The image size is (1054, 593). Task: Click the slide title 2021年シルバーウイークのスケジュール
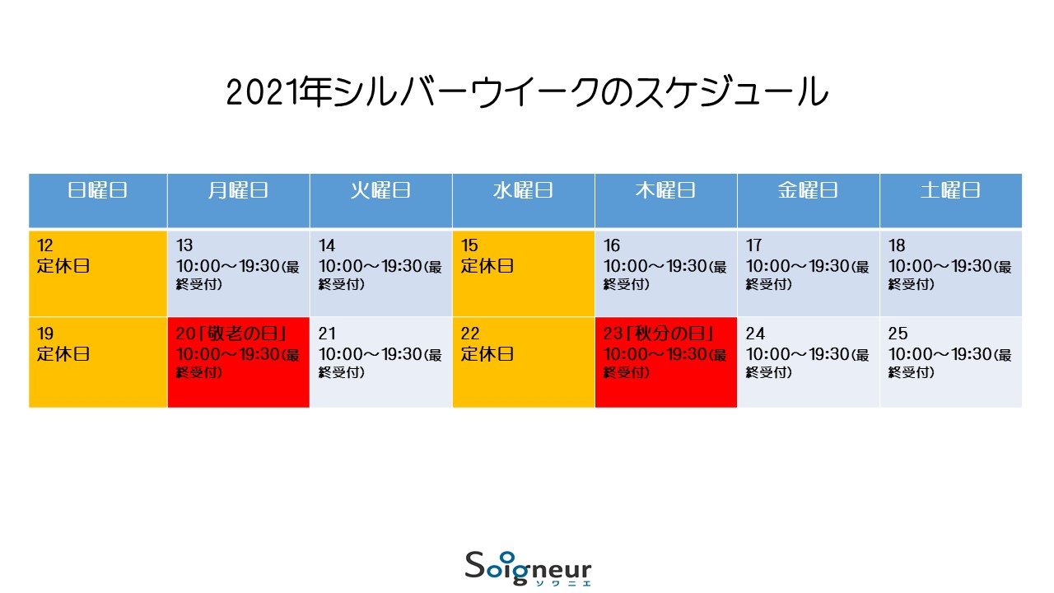[x=527, y=91]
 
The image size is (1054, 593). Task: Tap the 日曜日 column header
[x=98, y=200]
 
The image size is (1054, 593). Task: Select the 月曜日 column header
[x=239, y=200]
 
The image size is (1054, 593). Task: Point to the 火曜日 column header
[x=381, y=200]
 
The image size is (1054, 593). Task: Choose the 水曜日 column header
[x=524, y=200]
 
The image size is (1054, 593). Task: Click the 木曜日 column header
[x=666, y=200]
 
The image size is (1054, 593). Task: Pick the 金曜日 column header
[x=809, y=200]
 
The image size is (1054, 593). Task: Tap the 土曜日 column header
[x=951, y=200]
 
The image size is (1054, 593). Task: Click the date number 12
[x=45, y=245]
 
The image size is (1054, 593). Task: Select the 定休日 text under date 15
[x=487, y=266]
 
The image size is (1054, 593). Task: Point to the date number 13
[x=184, y=245]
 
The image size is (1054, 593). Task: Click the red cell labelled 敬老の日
[x=239, y=362]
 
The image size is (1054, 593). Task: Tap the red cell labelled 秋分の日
[x=666, y=362]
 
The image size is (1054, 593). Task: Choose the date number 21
[x=327, y=334]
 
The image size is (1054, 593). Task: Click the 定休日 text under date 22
[x=487, y=354]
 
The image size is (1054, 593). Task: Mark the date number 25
[x=898, y=334]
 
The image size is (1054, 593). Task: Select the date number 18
[x=897, y=245]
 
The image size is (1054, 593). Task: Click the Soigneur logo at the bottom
[x=528, y=568]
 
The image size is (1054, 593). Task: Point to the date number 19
[x=45, y=334]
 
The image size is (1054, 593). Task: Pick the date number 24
[x=755, y=334]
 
